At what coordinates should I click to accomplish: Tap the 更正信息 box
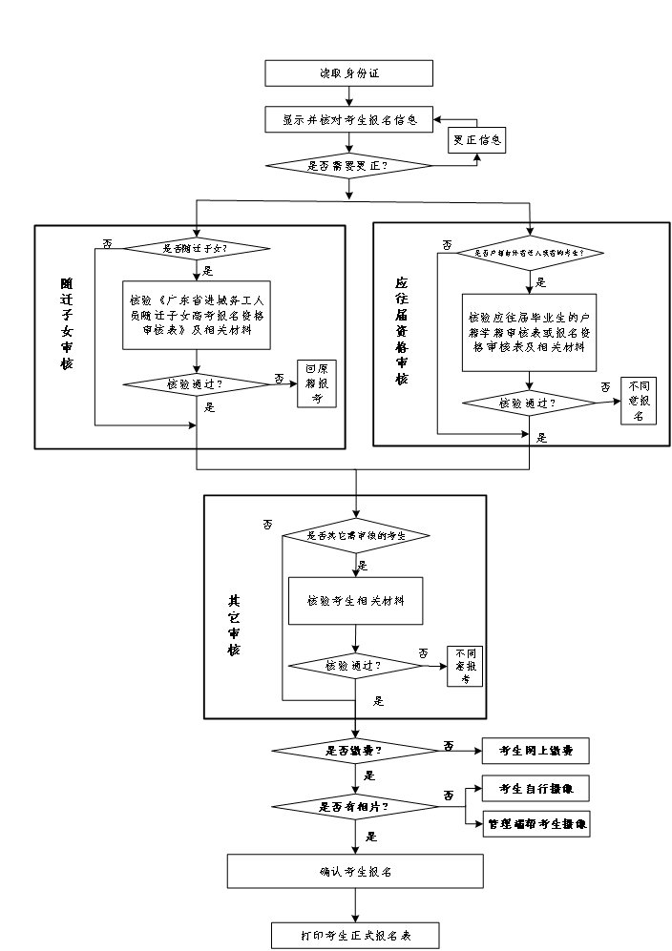coord(476,140)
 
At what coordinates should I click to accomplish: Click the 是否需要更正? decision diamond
coord(351,165)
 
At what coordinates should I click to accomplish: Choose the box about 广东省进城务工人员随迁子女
coord(197,314)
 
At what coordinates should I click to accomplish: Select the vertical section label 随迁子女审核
coord(67,324)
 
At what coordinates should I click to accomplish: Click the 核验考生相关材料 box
coord(355,601)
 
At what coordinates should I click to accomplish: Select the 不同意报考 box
coord(465,666)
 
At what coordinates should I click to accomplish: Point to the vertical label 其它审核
coord(233,625)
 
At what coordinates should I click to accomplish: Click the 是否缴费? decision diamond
coord(354,751)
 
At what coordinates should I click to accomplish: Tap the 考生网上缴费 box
coord(535,752)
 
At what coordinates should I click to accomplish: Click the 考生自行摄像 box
coord(535,789)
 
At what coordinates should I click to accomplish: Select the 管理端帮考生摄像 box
coord(535,823)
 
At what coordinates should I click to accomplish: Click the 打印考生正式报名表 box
coord(354,935)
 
